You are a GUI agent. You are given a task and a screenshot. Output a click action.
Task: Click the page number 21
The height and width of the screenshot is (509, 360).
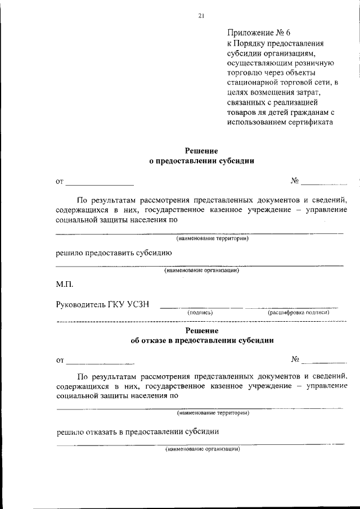coord(201,15)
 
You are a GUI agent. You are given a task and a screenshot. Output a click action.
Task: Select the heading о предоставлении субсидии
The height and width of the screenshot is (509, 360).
coord(201,161)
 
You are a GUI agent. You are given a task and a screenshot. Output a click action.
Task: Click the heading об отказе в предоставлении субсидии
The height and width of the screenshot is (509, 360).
coord(202,340)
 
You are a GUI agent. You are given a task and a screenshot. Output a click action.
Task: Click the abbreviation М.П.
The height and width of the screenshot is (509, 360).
coord(65,285)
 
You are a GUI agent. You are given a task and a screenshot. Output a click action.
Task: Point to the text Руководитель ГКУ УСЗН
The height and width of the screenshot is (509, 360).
coord(102,304)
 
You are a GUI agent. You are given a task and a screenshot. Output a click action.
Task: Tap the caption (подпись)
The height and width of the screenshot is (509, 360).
coord(200,312)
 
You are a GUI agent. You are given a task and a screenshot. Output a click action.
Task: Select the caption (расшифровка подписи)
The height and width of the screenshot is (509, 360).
coord(298,312)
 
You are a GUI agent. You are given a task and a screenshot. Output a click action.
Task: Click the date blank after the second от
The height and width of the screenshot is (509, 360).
coord(100,363)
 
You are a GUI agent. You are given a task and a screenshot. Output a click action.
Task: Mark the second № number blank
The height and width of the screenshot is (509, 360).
coord(324,362)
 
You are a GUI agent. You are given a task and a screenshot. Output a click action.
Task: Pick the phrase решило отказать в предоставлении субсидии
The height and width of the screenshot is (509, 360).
coord(137,431)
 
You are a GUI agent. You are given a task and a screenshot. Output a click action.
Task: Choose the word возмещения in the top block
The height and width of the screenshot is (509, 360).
coord(276,92)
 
